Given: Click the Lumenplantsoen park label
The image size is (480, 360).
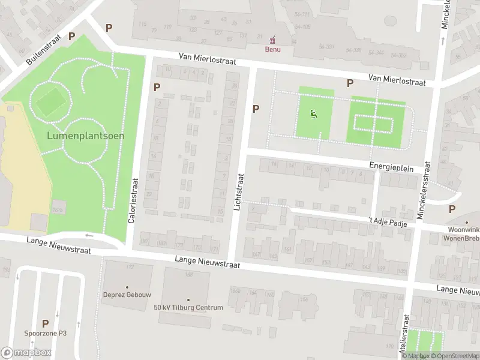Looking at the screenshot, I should click(x=86, y=136).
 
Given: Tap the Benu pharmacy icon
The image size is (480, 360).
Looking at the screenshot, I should click(x=274, y=40).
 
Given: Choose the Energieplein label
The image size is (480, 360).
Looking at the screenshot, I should click(x=391, y=169).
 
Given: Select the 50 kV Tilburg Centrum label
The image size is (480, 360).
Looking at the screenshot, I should click(x=188, y=308).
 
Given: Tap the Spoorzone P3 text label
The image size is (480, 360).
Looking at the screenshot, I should click(x=45, y=334).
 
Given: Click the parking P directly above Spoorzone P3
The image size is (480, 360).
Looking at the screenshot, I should click(x=45, y=323).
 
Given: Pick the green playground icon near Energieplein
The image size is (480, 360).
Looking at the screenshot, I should click(x=313, y=113).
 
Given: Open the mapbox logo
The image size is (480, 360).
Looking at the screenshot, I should click(x=26, y=353).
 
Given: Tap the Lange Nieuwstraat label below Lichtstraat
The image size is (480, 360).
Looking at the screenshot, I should click(x=207, y=263).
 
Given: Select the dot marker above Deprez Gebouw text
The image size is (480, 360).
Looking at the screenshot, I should click(x=127, y=287).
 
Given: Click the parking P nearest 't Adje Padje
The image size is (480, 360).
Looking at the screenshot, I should click(x=452, y=209).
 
